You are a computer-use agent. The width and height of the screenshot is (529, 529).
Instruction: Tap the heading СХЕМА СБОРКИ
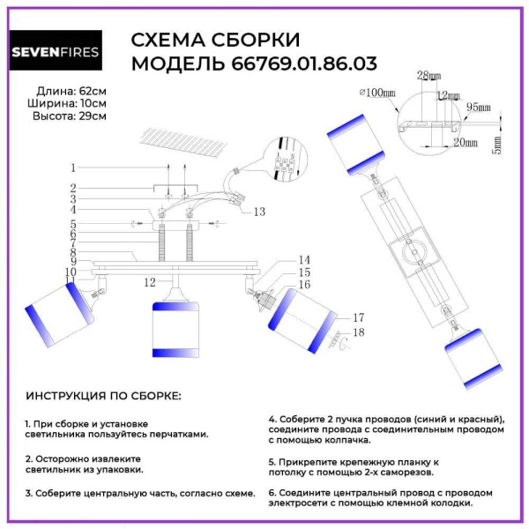click(x=215, y=41)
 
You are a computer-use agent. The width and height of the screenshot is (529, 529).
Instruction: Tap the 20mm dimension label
click(x=459, y=141)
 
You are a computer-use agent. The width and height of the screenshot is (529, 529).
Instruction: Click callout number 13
click(x=257, y=212)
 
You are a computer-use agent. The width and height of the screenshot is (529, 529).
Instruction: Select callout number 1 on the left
click(x=74, y=168)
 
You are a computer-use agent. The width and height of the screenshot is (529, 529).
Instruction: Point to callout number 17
click(x=358, y=317)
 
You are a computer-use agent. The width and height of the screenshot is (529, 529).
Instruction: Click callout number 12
click(x=150, y=281)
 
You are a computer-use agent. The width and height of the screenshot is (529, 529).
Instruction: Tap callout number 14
click(x=304, y=260)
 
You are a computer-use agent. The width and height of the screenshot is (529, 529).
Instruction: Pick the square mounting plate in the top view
click(x=414, y=257)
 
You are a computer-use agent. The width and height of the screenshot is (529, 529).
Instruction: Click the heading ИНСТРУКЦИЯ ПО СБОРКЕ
click(x=103, y=396)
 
